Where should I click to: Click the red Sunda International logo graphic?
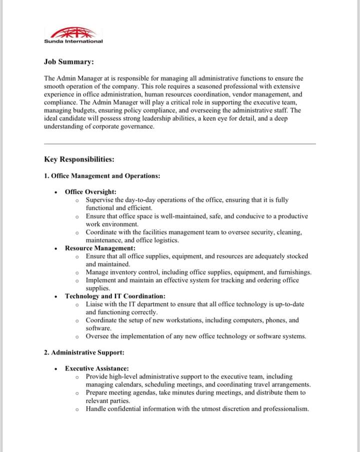(73, 33)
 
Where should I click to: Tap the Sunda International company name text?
(73, 41)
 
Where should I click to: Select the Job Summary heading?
(68, 62)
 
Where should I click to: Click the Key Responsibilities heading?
(79, 159)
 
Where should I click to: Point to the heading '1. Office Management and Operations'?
(102, 176)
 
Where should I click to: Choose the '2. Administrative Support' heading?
(80, 352)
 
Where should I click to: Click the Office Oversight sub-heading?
(90, 192)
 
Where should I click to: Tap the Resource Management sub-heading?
(100, 248)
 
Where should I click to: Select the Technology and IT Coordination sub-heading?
(115, 296)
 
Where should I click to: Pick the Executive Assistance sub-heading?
(97, 368)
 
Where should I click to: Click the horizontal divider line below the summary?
(180, 144)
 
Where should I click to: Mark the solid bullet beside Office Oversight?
(55, 192)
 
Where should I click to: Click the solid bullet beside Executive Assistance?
(55, 368)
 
